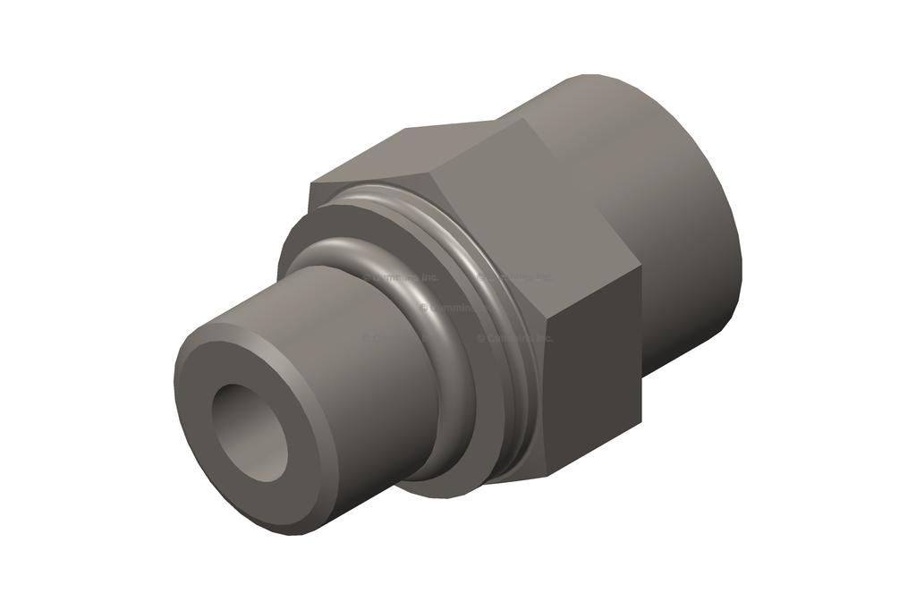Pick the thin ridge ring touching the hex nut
click(x=501, y=295)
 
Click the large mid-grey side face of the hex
click(x=528, y=224)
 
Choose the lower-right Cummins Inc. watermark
click(x=515, y=338)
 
